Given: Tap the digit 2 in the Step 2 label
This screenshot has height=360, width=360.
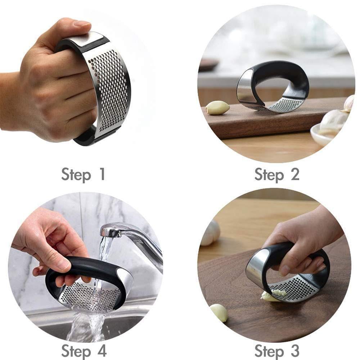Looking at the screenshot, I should pos(294,174).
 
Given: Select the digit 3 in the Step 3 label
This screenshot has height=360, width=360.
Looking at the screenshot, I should pos(294,350).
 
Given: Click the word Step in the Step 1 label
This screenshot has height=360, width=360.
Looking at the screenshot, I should pos(76,175).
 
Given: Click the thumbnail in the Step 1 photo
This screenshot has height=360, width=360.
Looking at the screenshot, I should pos(82,24).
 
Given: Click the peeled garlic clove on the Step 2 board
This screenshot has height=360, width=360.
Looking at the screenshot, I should pos(217,108).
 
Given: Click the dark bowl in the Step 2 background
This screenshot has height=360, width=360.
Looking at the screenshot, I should pos(208,64).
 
